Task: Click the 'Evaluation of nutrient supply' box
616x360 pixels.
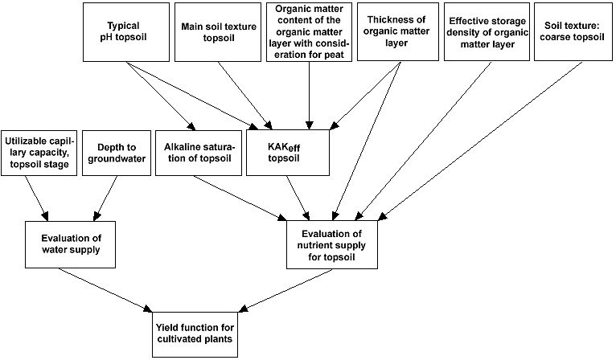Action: [x=331, y=245]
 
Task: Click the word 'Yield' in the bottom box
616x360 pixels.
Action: [x=170, y=325]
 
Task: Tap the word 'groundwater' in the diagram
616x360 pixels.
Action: [x=116, y=157]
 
